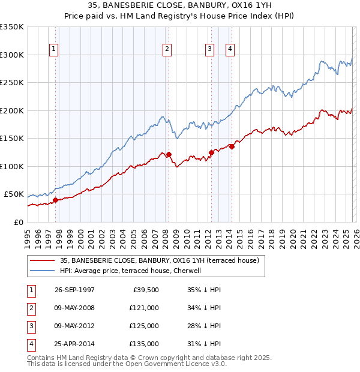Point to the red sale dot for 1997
click(55, 200)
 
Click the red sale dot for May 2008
click(169, 155)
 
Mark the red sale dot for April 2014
click(232, 146)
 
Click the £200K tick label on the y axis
click(12, 110)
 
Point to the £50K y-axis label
click(14, 194)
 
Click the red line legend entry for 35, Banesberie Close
click(159, 260)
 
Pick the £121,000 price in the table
click(144, 308)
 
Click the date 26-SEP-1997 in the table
click(74, 289)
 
